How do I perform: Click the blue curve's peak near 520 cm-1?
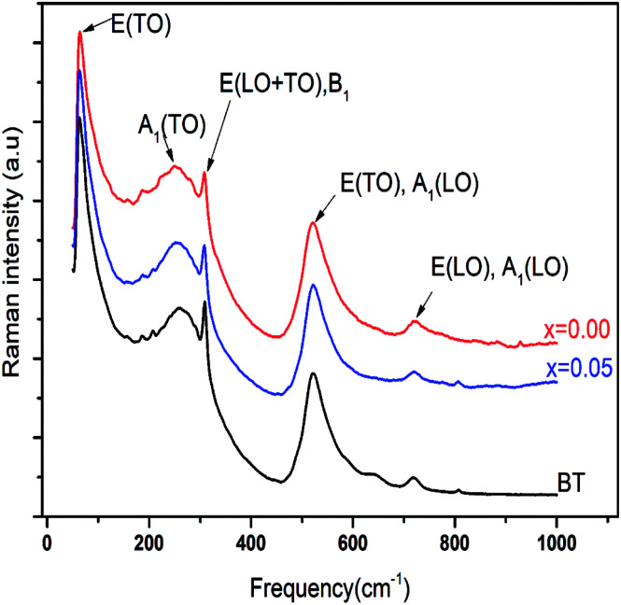point(313,285)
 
